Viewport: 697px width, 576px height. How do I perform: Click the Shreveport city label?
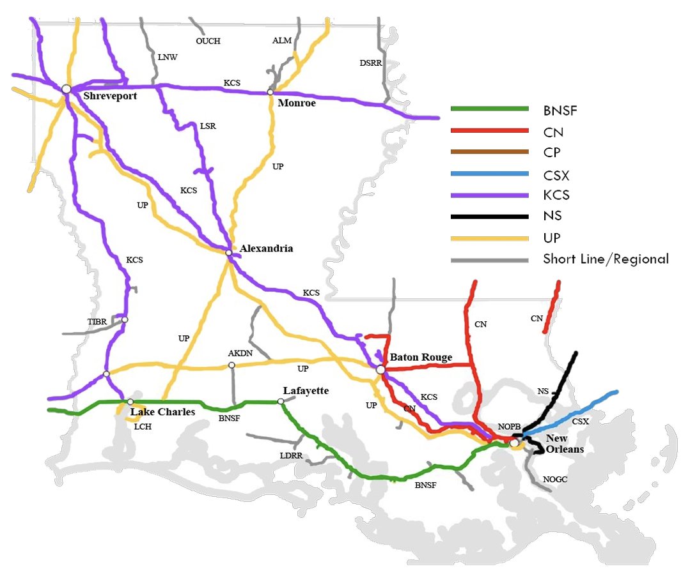tap(110, 96)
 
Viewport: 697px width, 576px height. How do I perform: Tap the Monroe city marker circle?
tap(270, 93)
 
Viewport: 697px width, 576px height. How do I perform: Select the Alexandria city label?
tap(266, 248)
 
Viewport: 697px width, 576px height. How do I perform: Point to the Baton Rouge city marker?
tap(380, 370)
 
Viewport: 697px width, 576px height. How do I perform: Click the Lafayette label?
tap(306, 390)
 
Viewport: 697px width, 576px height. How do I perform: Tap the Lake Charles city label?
tap(162, 412)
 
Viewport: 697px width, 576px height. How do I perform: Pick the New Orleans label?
tap(565, 444)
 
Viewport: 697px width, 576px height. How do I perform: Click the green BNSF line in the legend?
tap(490, 109)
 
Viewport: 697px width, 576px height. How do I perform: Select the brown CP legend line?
tap(490, 152)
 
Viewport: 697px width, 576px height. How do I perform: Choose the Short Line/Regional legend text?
tap(606, 259)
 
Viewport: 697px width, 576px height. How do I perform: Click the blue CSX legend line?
tap(490, 174)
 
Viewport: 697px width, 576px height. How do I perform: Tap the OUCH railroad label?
tap(208, 42)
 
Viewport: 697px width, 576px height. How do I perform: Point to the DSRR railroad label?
tap(370, 63)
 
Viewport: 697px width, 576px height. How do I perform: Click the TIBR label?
tap(98, 321)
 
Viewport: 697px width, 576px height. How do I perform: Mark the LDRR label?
tap(291, 456)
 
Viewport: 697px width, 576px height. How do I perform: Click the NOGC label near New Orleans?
tap(555, 479)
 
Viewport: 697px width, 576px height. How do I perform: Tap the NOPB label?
tap(510, 426)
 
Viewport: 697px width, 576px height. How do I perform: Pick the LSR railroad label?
tap(208, 126)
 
